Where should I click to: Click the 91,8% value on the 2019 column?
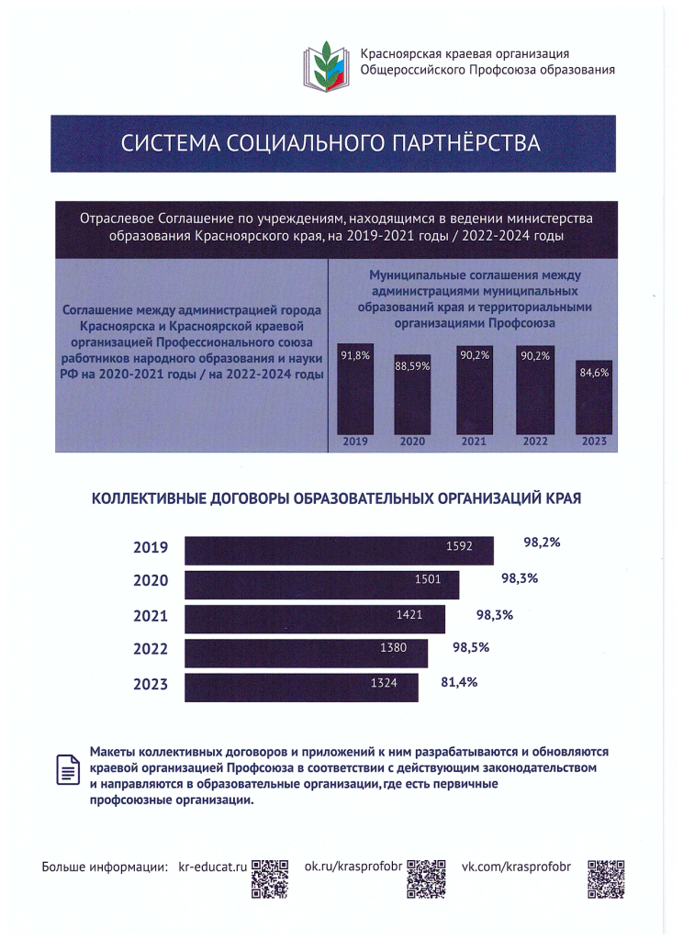tap(354, 357)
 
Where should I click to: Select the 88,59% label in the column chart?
tap(412, 365)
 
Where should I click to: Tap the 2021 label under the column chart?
tap(473, 442)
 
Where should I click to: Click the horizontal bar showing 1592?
tap(339, 550)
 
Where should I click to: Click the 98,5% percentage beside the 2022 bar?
tap(471, 647)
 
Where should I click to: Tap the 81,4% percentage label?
tap(460, 682)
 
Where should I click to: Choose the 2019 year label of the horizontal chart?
tap(151, 548)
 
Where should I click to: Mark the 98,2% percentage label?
tap(542, 543)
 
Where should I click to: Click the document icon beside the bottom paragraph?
tap(67, 769)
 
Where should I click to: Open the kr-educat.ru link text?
tap(213, 867)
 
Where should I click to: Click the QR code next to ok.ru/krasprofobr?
tap(425, 878)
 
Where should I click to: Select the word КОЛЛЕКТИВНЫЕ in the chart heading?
tap(142, 499)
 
